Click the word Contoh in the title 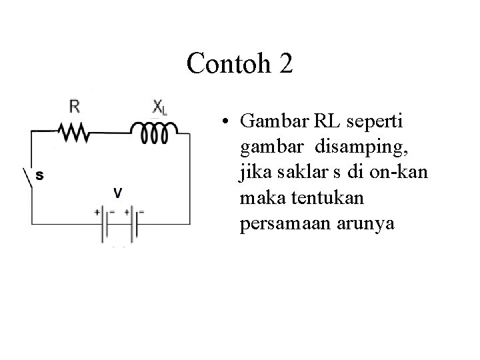pos(225,64)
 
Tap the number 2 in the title pos(283,64)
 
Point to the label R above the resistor pos(75,107)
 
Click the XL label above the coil pos(159,107)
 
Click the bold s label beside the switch pos(39,176)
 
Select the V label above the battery pos(117,193)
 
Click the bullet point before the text pos(227,123)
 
